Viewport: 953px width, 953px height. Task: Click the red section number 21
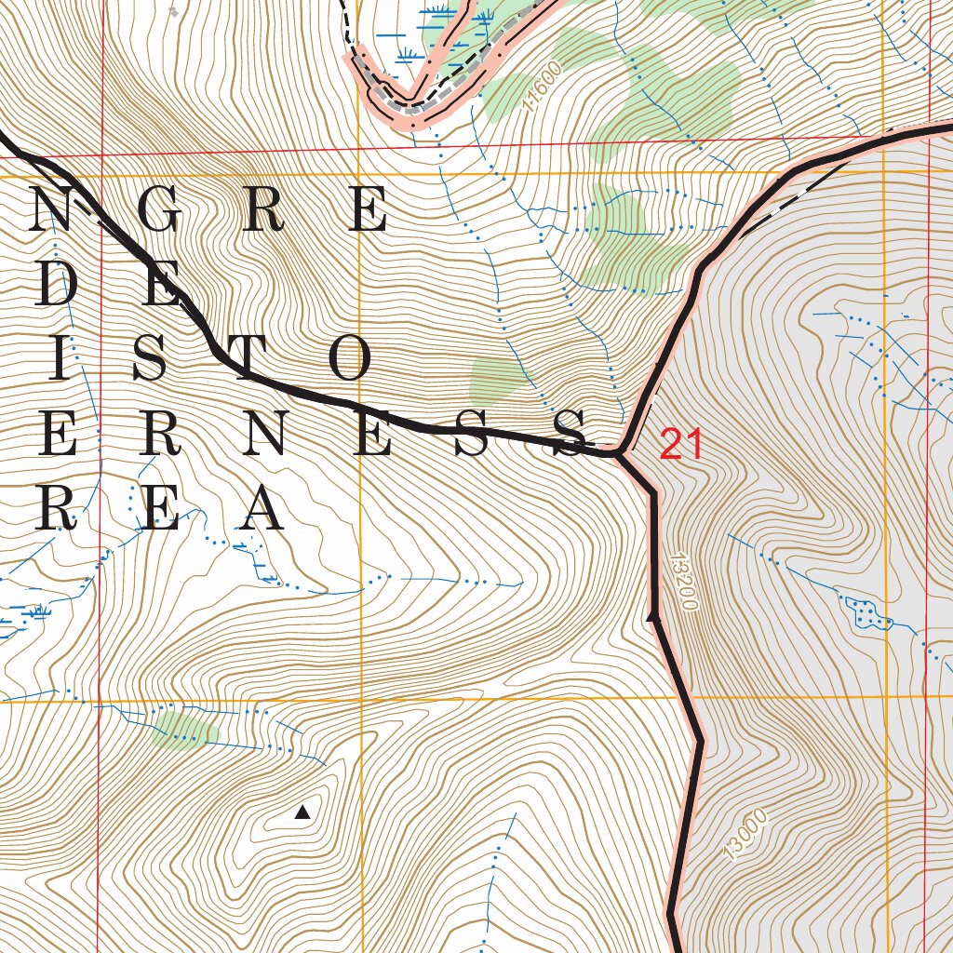tap(681, 446)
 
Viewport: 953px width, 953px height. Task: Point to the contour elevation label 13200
tap(682, 582)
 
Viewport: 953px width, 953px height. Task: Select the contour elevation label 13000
tap(745, 836)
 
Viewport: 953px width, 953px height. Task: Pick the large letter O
tap(349, 359)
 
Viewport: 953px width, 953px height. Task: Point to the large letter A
tap(260, 508)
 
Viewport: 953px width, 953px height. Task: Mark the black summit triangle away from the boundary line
tap(302, 812)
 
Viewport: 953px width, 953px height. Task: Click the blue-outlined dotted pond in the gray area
tap(863, 611)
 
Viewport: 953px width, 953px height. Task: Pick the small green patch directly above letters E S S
tap(497, 379)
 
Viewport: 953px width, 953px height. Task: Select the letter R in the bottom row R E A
tap(56, 508)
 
